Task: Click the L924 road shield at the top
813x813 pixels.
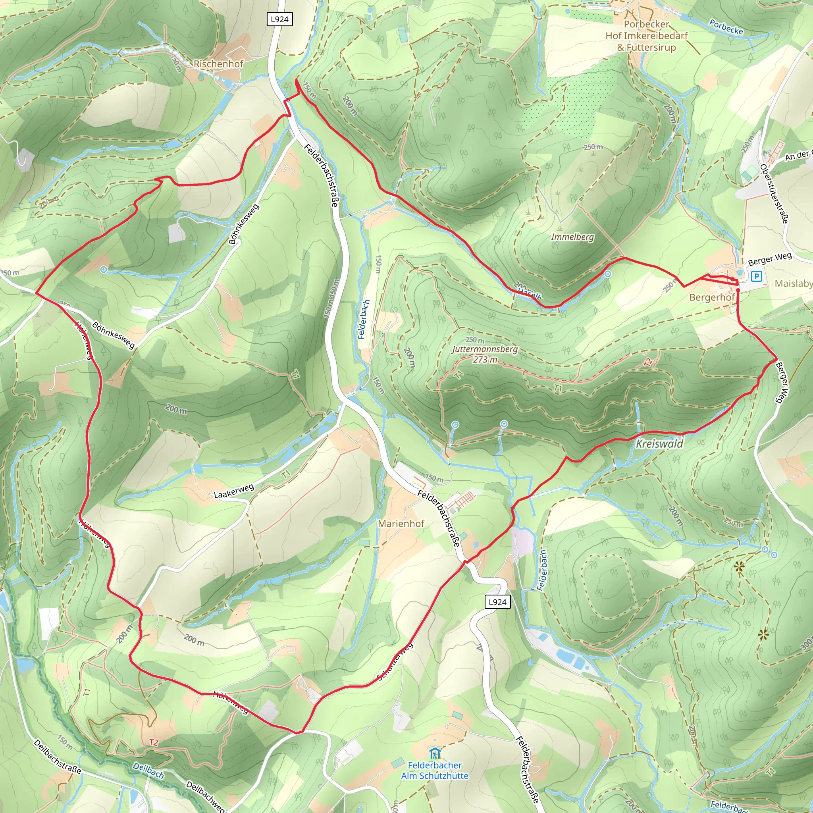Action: (x=279, y=19)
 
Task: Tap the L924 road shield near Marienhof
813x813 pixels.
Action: (x=497, y=602)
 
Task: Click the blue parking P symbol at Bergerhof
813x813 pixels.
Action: (x=756, y=276)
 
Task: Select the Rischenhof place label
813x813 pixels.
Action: (x=218, y=64)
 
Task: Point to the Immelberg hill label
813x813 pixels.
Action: (x=572, y=237)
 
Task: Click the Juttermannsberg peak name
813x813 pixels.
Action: (x=485, y=349)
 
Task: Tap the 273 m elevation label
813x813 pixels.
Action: (x=485, y=359)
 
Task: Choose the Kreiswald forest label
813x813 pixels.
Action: (x=659, y=443)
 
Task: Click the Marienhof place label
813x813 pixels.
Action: (x=401, y=524)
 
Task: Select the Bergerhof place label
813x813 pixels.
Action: (x=712, y=297)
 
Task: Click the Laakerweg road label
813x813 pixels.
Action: (x=234, y=491)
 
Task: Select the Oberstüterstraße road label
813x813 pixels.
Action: (x=774, y=194)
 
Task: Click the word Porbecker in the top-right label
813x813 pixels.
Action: (x=646, y=24)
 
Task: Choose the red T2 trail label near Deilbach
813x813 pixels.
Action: (x=154, y=742)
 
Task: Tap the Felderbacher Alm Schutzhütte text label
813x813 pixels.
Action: (x=435, y=770)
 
